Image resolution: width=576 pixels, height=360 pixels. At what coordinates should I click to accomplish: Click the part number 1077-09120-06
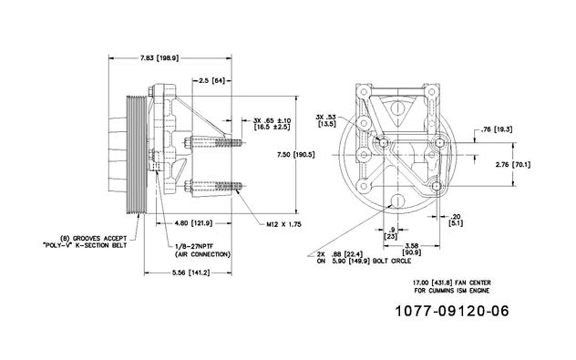[452, 311]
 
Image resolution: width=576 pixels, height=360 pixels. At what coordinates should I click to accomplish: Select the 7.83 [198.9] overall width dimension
[159, 57]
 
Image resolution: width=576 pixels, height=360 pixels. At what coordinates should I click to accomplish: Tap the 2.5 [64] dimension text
[211, 80]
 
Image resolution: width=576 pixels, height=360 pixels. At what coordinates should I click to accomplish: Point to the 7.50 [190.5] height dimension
[295, 155]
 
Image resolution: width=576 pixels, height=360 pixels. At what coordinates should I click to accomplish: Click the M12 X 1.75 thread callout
[283, 224]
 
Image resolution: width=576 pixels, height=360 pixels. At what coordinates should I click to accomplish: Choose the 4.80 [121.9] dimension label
[194, 223]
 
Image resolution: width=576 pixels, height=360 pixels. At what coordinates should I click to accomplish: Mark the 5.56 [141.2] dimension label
[190, 273]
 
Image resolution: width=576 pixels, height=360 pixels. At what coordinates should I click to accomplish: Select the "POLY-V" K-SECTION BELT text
[85, 245]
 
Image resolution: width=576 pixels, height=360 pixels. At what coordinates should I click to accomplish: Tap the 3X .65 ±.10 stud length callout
[272, 124]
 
